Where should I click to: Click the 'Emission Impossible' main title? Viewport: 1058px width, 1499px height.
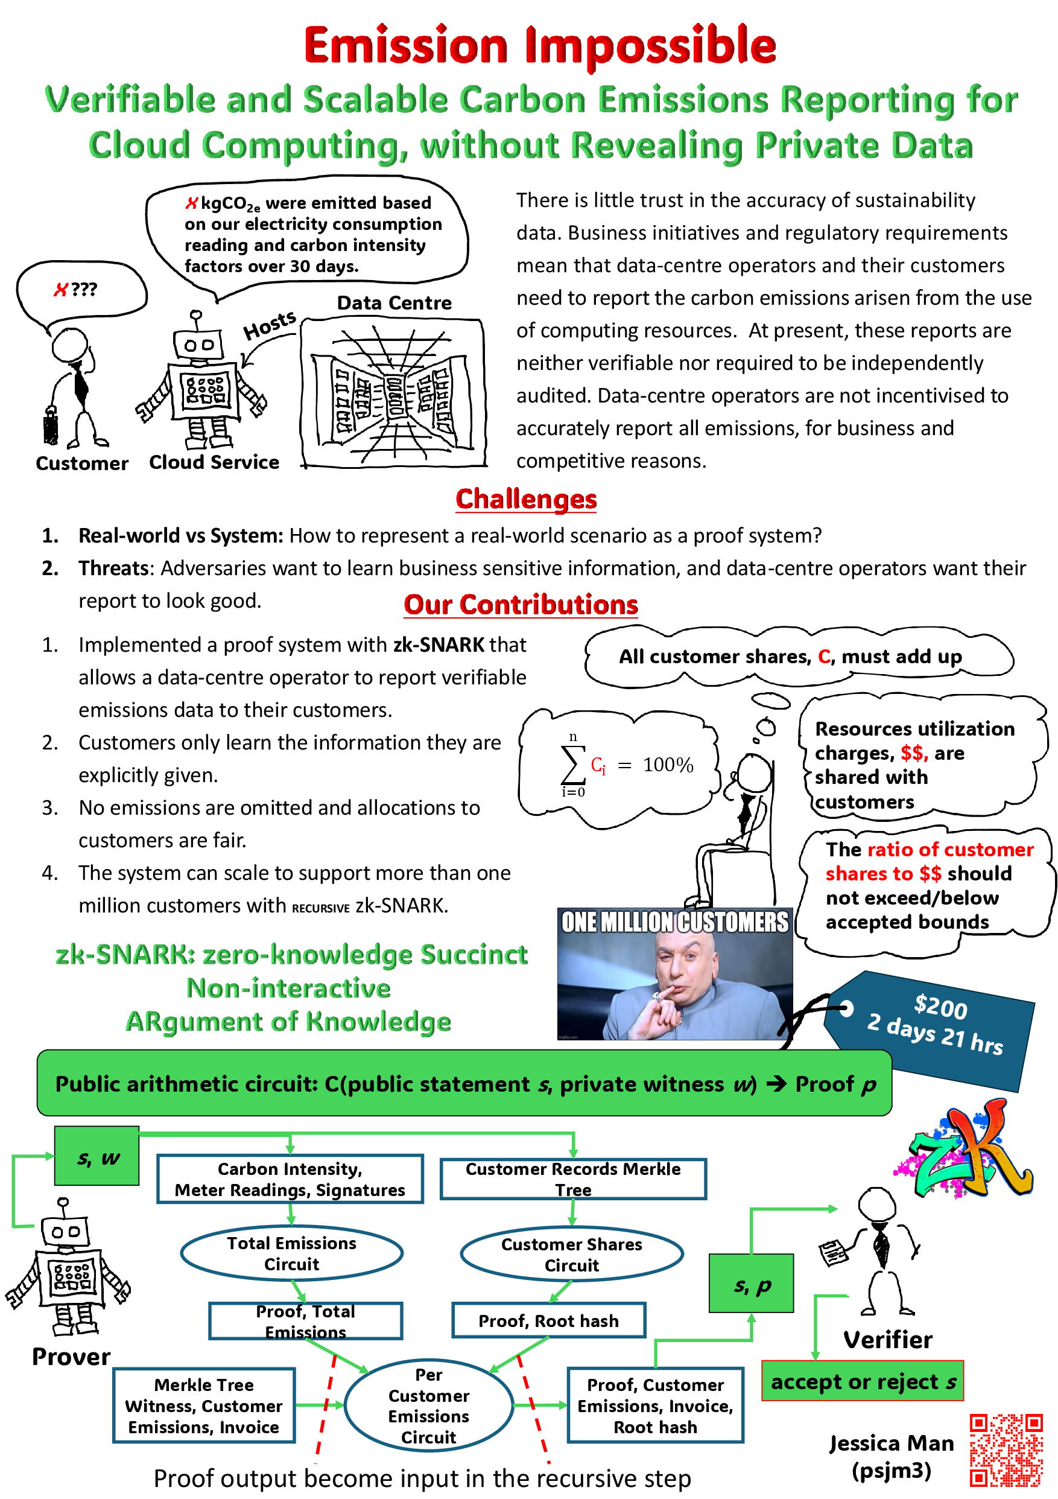[540, 46]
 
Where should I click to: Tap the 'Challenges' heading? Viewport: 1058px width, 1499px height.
[526, 500]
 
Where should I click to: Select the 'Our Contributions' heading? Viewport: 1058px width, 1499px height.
[521, 605]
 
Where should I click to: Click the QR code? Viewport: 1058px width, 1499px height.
[1006, 1450]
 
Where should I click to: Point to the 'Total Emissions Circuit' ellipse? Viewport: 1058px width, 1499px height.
[292, 1253]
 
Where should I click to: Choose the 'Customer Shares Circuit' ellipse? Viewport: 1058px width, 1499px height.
[572, 1254]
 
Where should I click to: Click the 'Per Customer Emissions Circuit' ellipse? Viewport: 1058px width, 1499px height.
[429, 1405]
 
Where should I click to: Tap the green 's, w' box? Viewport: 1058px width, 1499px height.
[97, 1156]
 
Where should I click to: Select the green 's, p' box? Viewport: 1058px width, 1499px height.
[751, 1284]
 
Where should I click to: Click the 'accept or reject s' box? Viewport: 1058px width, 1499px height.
[863, 1381]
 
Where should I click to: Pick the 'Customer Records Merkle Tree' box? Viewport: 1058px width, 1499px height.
[573, 1179]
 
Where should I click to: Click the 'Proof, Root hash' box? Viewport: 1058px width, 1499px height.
[548, 1321]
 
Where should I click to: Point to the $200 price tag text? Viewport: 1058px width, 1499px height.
[940, 1006]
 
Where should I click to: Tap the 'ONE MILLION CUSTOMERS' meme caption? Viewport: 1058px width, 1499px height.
[675, 922]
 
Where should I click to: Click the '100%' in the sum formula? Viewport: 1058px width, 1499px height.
[668, 765]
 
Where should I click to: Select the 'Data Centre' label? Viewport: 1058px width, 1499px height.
[394, 303]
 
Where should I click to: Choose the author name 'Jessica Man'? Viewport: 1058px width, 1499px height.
[892, 1443]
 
